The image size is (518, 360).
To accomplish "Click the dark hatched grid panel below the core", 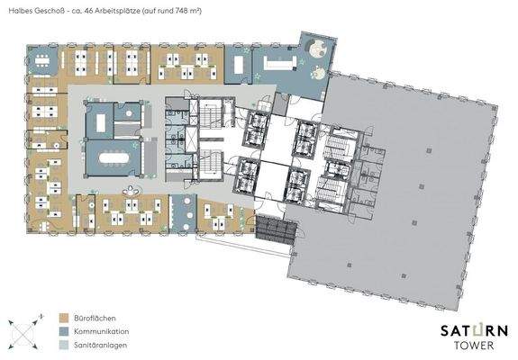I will [x=274, y=232].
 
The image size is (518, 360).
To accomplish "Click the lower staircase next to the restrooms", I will [x=209, y=166].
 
